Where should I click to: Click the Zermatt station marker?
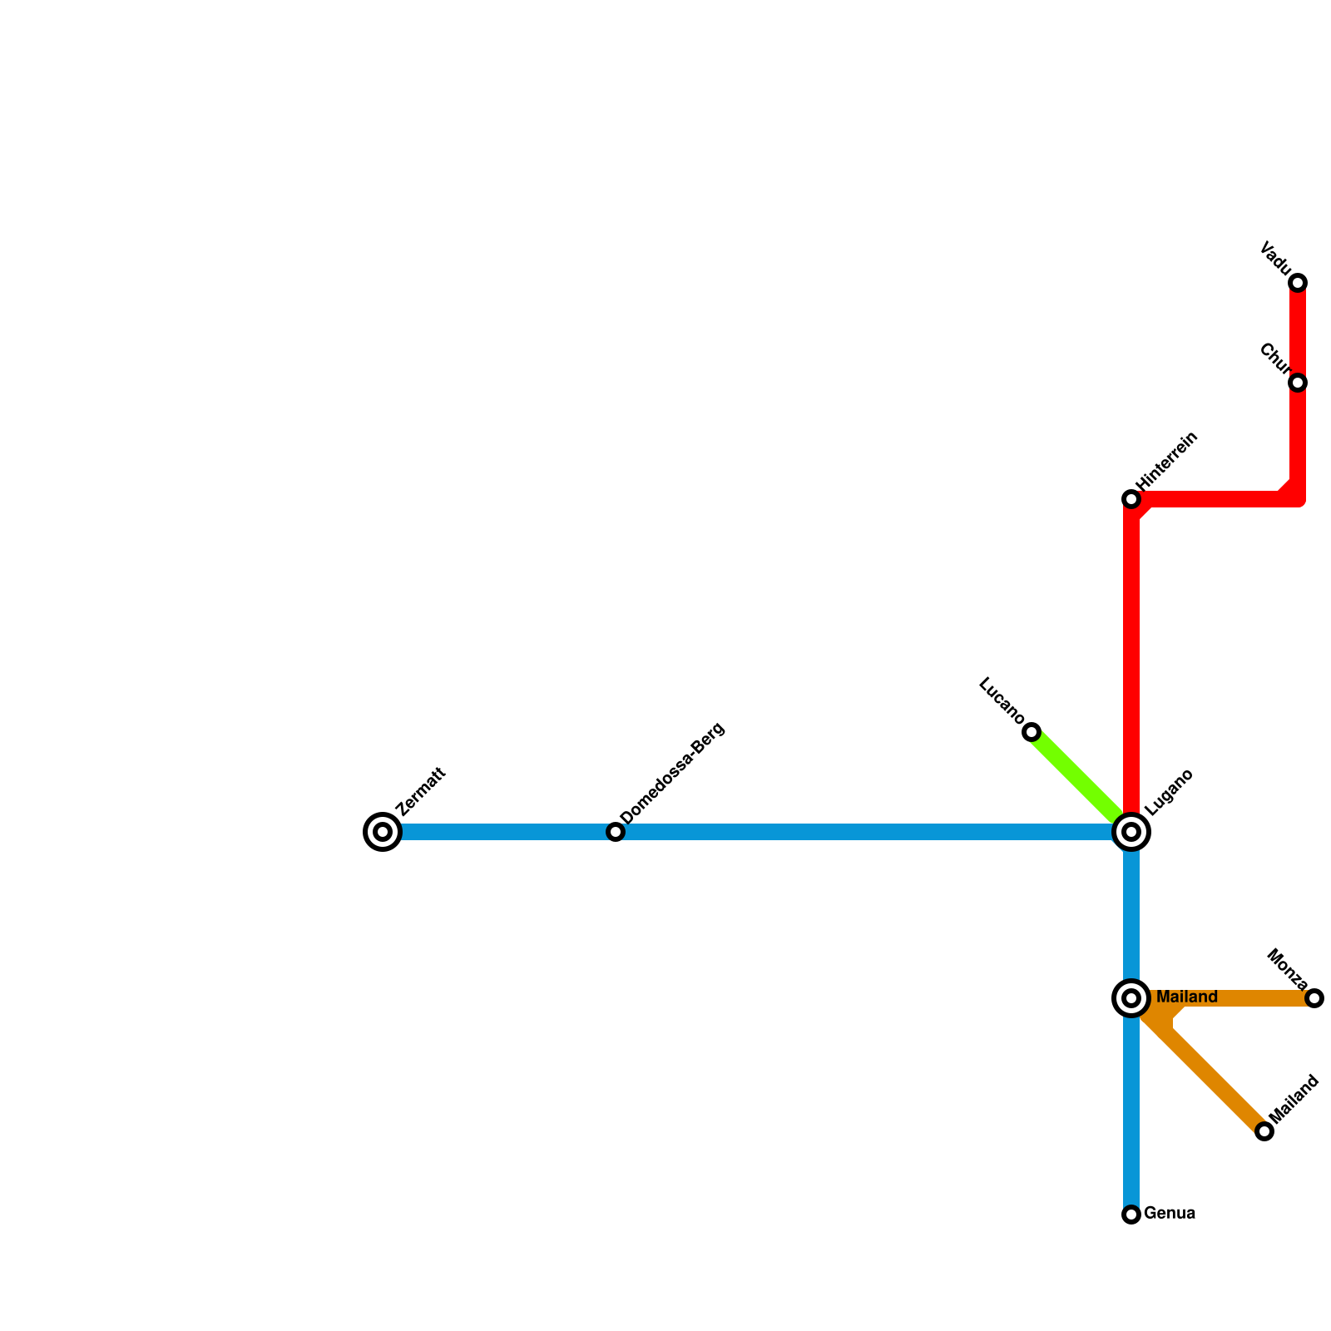pos(383,832)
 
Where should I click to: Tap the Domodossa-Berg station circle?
pos(615,832)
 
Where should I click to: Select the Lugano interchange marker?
pos(1131,832)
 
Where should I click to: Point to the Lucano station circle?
pos(1032,732)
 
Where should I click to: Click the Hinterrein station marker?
pos(1131,499)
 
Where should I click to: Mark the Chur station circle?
pos(1298,383)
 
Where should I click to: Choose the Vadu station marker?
pos(1298,283)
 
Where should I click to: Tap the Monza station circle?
pos(1314,998)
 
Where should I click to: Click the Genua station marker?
pos(1131,1215)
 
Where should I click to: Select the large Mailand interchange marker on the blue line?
pos(1131,998)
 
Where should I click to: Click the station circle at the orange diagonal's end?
pos(1264,1131)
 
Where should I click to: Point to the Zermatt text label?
pos(422,792)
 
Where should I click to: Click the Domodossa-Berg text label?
pos(673,774)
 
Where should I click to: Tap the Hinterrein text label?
pos(1166,461)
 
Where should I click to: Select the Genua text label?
pos(1170,1214)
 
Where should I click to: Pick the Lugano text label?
pos(1169,793)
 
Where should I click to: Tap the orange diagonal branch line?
pos(1215,1081)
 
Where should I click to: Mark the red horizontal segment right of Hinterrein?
pos(1215,499)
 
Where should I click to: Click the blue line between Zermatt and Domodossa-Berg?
pos(499,832)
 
